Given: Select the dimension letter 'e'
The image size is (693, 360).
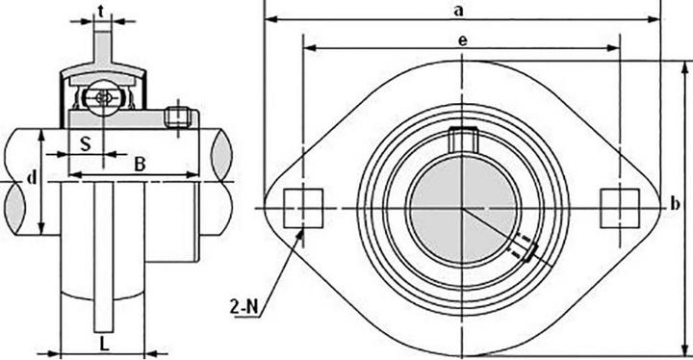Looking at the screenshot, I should (462, 39).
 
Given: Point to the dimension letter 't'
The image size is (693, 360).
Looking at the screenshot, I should (103, 11).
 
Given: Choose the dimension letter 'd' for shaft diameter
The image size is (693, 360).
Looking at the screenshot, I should (32, 178).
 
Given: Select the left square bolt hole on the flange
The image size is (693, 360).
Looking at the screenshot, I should (303, 205).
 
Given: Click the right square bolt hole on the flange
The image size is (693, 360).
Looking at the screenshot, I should (615, 205).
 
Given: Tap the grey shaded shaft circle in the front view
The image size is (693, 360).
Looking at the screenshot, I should (461, 207).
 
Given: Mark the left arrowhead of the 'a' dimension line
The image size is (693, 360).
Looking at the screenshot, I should (269, 18).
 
